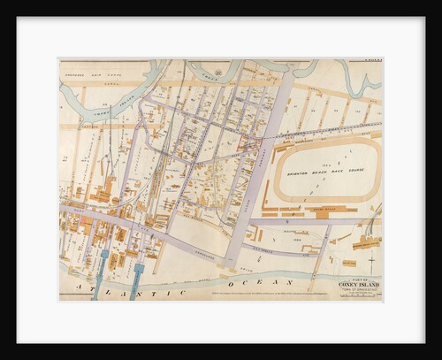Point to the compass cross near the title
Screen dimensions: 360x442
(x=370, y=263)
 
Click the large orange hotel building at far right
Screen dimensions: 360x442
(x=366, y=241)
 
